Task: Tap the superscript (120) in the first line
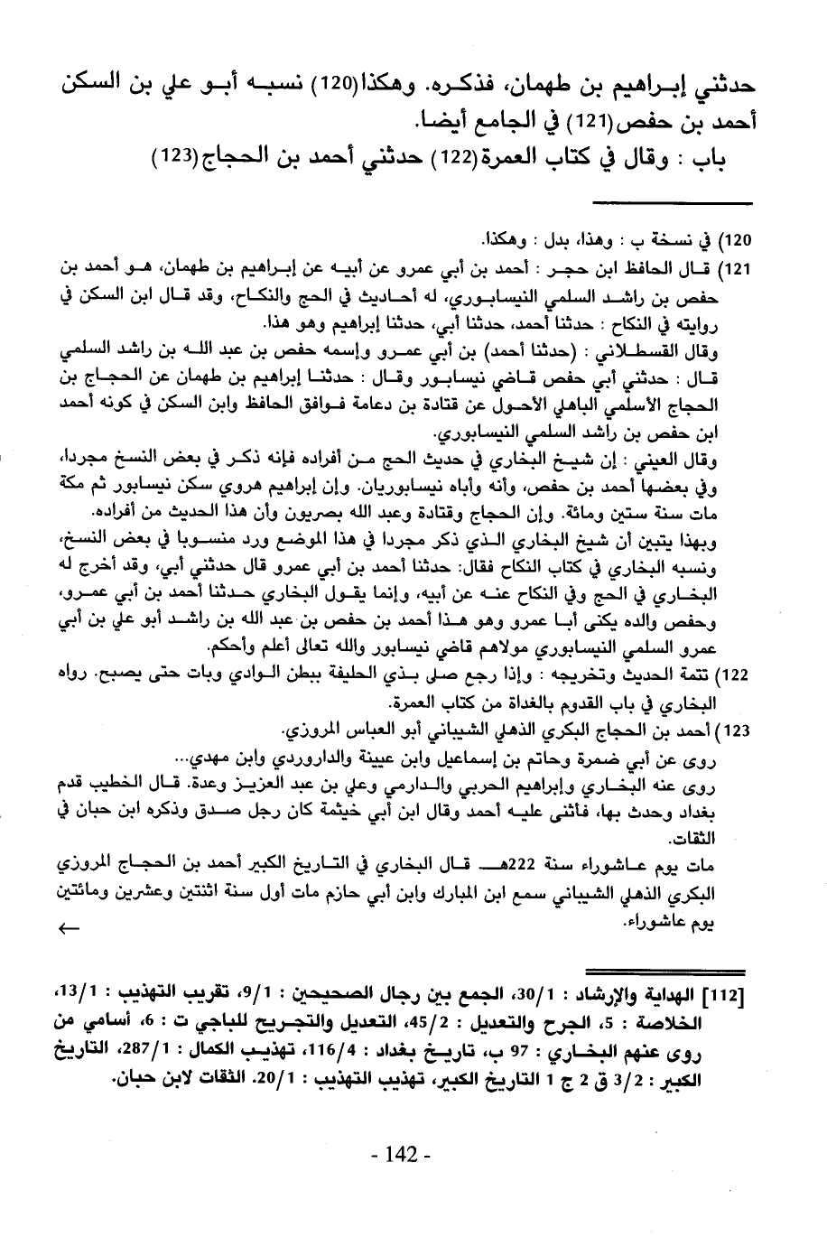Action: pyautogui.click(x=325, y=88)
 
